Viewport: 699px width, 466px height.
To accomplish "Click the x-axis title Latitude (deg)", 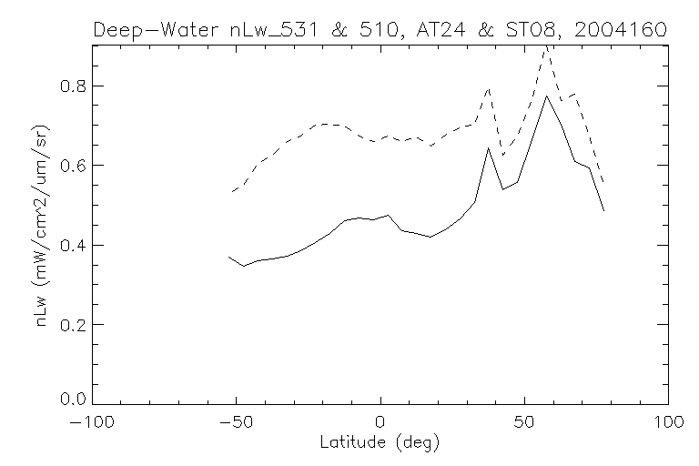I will [x=380, y=443].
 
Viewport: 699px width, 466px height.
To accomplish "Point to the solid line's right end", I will [x=603, y=210].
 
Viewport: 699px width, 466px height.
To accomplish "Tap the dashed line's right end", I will [x=603, y=182].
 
